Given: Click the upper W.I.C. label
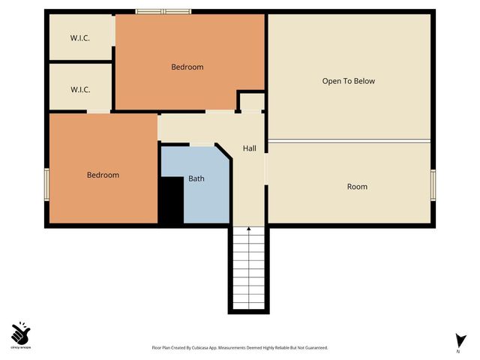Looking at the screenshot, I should pyautogui.click(x=80, y=38).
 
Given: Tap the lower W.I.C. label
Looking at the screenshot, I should pyautogui.click(x=80, y=89).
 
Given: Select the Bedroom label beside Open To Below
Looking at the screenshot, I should pyautogui.click(x=187, y=67).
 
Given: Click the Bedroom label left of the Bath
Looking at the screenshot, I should pyautogui.click(x=103, y=175).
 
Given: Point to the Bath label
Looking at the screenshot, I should pyautogui.click(x=196, y=178).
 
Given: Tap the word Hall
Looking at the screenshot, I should pyautogui.click(x=249, y=148).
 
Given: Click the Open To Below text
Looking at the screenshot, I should pyautogui.click(x=348, y=81).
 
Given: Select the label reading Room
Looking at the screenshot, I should pyautogui.click(x=357, y=186).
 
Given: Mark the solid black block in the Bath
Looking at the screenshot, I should pyautogui.click(x=170, y=199).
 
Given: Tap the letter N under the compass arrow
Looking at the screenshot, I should pyautogui.click(x=457, y=351).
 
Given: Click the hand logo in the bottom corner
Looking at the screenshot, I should pyautogui.click(x=20, y=332).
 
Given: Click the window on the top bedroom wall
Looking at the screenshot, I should pyautogui.click(x=163, y=11).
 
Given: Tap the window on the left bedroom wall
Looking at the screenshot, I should pyautogui.click(x=46, y=184).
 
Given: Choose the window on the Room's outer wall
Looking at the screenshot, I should pyautogui.click(x=433, y=184).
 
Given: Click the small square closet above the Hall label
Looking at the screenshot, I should pyautogui.click(x=252, y=101).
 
